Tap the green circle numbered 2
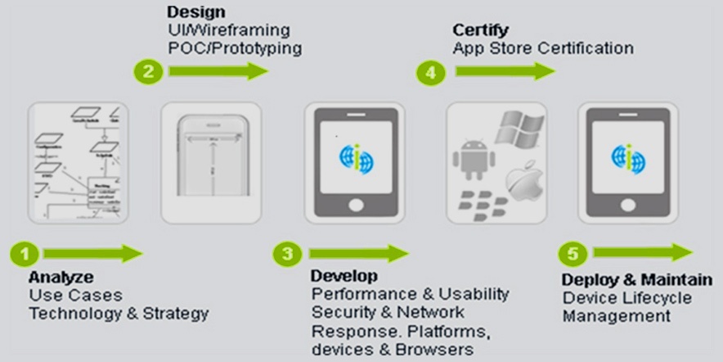(x=147, y=72)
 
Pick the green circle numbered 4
(x=430, y=73)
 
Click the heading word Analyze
(x=61, y=277)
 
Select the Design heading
(x=196, y=12)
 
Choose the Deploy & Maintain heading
(x=642, y=279)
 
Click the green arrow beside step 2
(x=218, y=72)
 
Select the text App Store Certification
(x=542, y=48)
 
